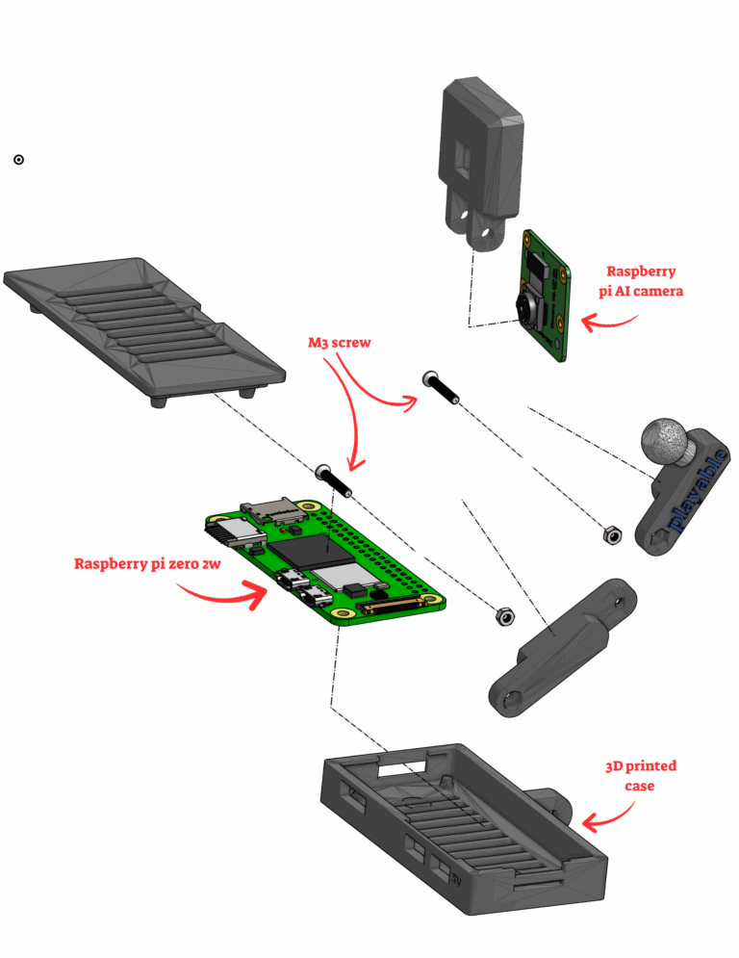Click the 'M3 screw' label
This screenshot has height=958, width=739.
tap(339, 343)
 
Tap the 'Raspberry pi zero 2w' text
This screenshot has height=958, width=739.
tap(147, 564)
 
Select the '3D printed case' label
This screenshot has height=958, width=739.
tap(641, 775)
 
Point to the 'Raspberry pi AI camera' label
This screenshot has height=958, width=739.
tap(641, 281)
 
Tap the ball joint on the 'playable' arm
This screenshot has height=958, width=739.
tap(665, 442)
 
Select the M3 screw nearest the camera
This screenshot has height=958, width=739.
tap(440, 387)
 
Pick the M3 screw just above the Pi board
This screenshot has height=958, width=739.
tap(334, 480)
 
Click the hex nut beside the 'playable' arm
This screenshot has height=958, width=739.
tap(612, 534)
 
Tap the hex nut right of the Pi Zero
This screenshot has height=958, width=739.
tap(505, 617)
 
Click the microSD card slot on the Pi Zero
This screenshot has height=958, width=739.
tap(272, 510)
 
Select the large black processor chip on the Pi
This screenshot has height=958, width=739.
tap(312, 551)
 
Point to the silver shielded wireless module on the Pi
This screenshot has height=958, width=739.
tap(341, 576)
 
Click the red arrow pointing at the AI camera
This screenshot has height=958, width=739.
tap(608, 322)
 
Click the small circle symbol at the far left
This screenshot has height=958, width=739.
tap(19, 160)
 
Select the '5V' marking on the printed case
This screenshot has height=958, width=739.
tap(455, 880)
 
